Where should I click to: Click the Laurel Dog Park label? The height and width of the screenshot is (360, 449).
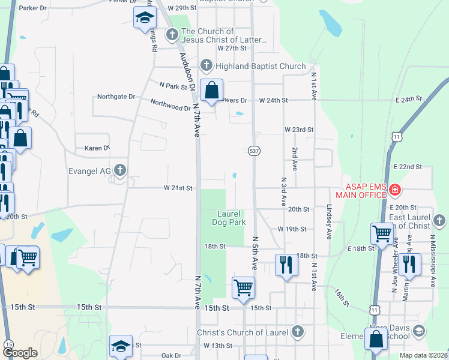(229, 218)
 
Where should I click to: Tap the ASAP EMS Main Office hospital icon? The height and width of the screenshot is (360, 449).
(395, 191)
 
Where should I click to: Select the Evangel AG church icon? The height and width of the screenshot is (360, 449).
(120, 170)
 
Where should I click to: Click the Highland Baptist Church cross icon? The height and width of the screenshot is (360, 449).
(206, 65)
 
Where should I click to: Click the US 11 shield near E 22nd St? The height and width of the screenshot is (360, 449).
(396, 137)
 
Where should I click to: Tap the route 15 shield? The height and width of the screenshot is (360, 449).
(8, 344)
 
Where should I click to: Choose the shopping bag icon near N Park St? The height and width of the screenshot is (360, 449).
(211, 91)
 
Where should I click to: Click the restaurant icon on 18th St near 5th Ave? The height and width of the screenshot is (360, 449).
(286, 265)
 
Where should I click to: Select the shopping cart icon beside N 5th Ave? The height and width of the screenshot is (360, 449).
(243, 287)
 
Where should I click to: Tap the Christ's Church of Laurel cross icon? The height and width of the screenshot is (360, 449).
(297, 332)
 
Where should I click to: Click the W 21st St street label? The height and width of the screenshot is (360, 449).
(178, 188)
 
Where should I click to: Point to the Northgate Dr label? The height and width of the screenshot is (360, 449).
(116, 97)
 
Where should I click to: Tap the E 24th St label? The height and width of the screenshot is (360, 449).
(409, 98)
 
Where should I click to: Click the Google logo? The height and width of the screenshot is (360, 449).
(20, 353)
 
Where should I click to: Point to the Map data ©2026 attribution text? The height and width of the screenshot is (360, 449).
(424, 355)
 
